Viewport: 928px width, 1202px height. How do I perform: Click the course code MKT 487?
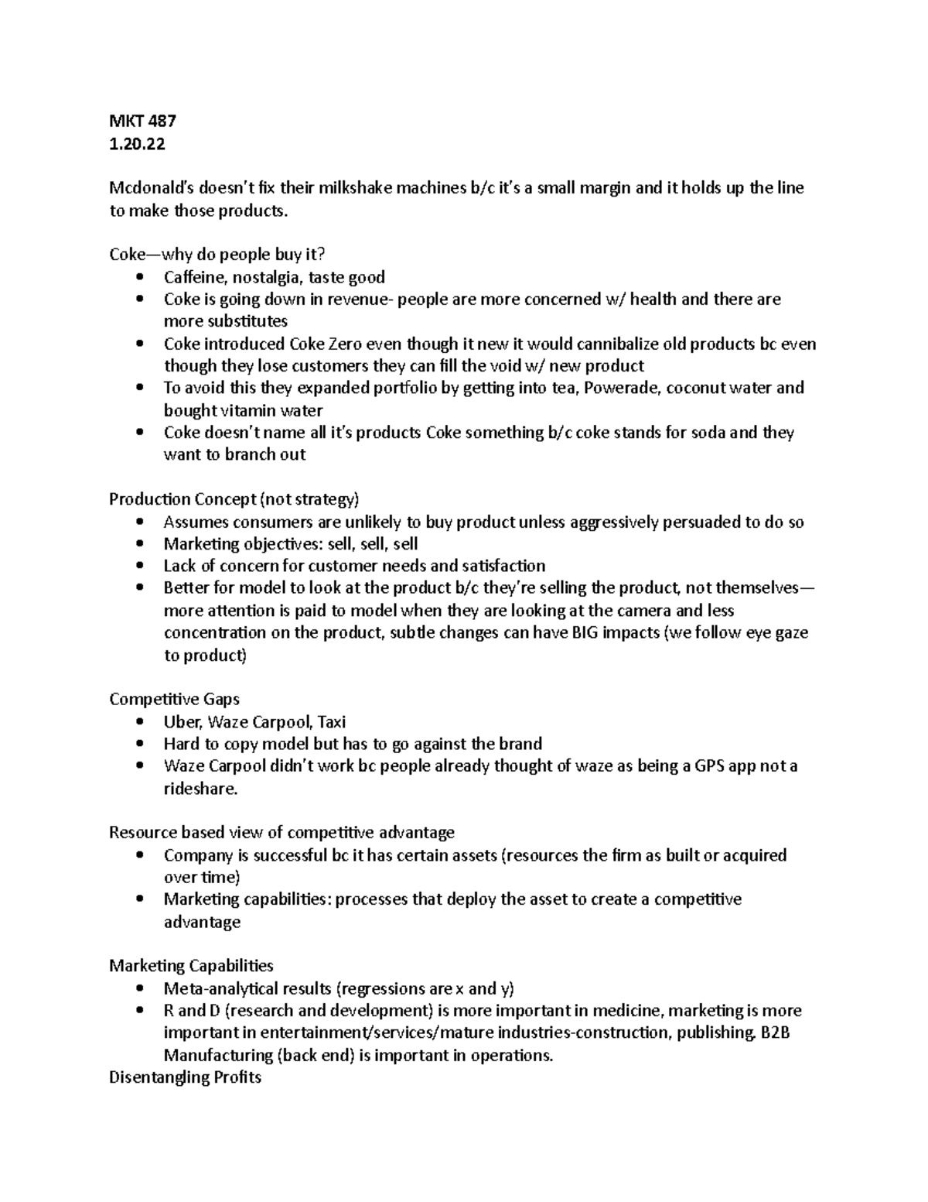point(142,121)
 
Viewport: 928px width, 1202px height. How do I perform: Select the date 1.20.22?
point(137,143)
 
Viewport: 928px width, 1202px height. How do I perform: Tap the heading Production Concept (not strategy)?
point(234,499)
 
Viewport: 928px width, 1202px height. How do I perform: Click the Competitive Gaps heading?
point(174,700)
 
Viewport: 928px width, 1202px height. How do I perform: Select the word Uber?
point(182,722)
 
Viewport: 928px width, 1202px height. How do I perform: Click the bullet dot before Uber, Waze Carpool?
point(139,722)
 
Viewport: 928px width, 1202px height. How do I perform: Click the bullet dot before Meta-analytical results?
point(139,989)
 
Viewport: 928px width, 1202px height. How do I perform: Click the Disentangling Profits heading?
point(185,1077)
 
